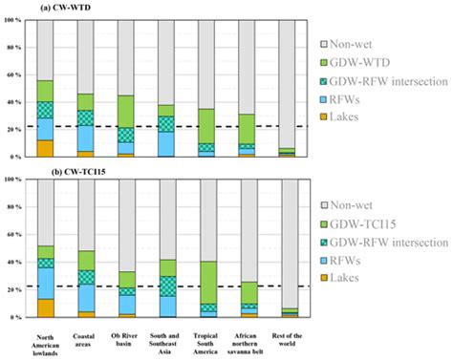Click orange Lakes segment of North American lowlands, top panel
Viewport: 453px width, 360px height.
pos(45,148)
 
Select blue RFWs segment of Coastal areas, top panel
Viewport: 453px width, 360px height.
pos(86,138)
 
